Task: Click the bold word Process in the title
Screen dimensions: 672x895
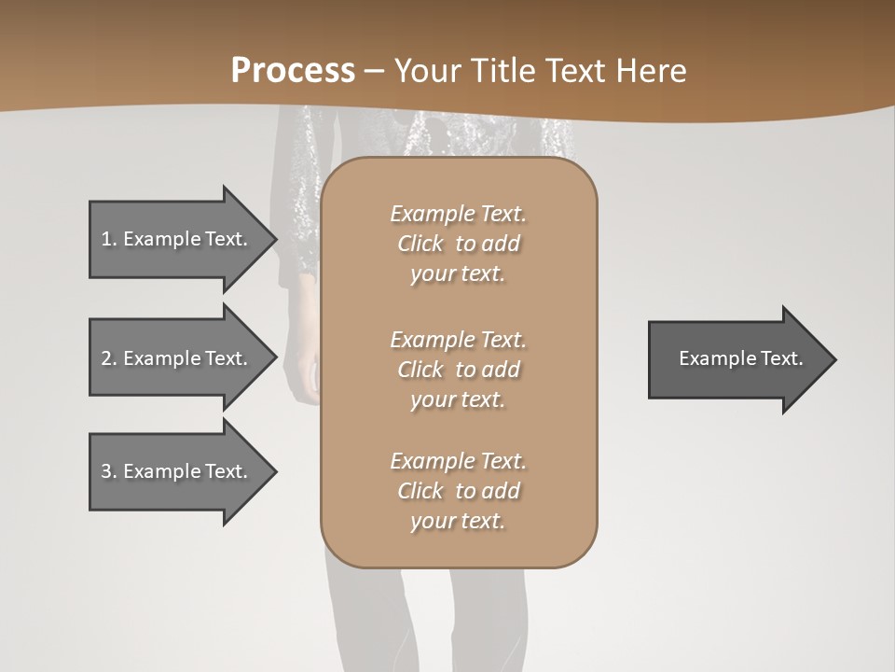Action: point(293,71)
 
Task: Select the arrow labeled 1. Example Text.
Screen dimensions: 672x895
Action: point(177,239)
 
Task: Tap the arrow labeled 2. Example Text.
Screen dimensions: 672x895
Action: point(177,358)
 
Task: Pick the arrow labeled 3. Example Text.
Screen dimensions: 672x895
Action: point(177,471)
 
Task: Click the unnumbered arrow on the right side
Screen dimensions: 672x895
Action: point(737,358)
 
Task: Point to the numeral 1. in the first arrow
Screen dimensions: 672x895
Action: point(109,239)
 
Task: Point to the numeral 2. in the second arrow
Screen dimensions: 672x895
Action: point(109,358)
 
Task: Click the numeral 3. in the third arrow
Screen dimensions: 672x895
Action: point(109,471)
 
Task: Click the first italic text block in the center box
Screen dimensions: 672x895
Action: point(458,244)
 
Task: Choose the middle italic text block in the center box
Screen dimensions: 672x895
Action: point(458,370)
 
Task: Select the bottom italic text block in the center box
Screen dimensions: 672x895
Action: point(458,491)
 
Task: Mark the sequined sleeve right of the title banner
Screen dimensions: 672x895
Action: point(550,140)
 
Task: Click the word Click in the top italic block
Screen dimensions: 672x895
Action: point(420,244)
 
